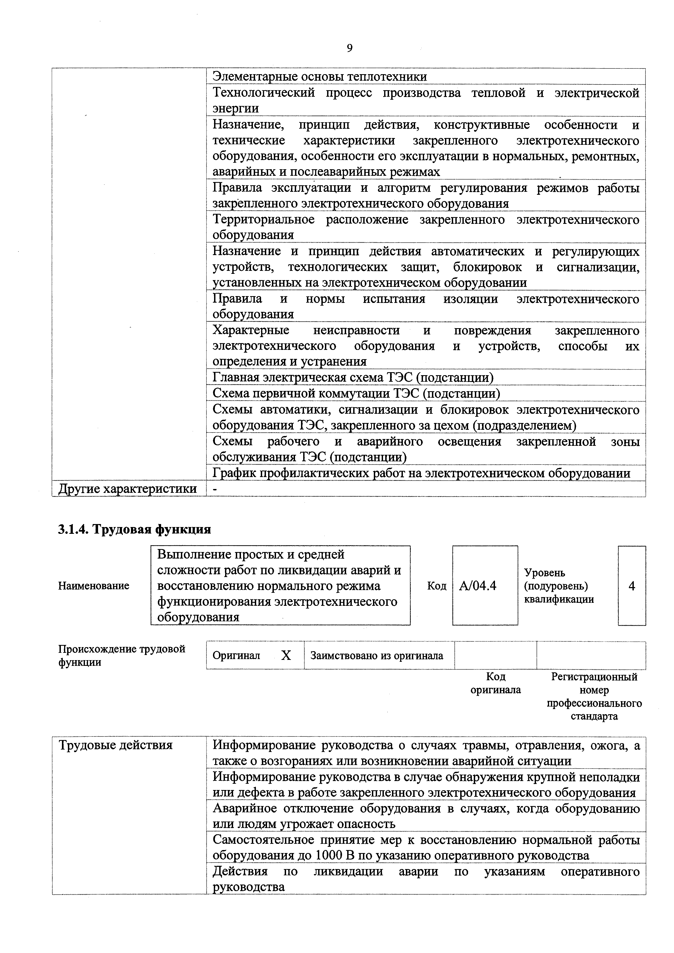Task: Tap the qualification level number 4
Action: point(632,586)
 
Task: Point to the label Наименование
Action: point(94,586)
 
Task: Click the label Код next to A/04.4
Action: point(437,586)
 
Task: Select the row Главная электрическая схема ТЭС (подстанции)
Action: point(353,377)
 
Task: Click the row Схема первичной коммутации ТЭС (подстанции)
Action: point(356,393)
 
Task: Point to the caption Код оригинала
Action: point(496,683)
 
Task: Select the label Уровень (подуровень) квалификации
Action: point(559,586)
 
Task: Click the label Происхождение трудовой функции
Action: point(122,656)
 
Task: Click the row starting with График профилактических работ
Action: point(421,473)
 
